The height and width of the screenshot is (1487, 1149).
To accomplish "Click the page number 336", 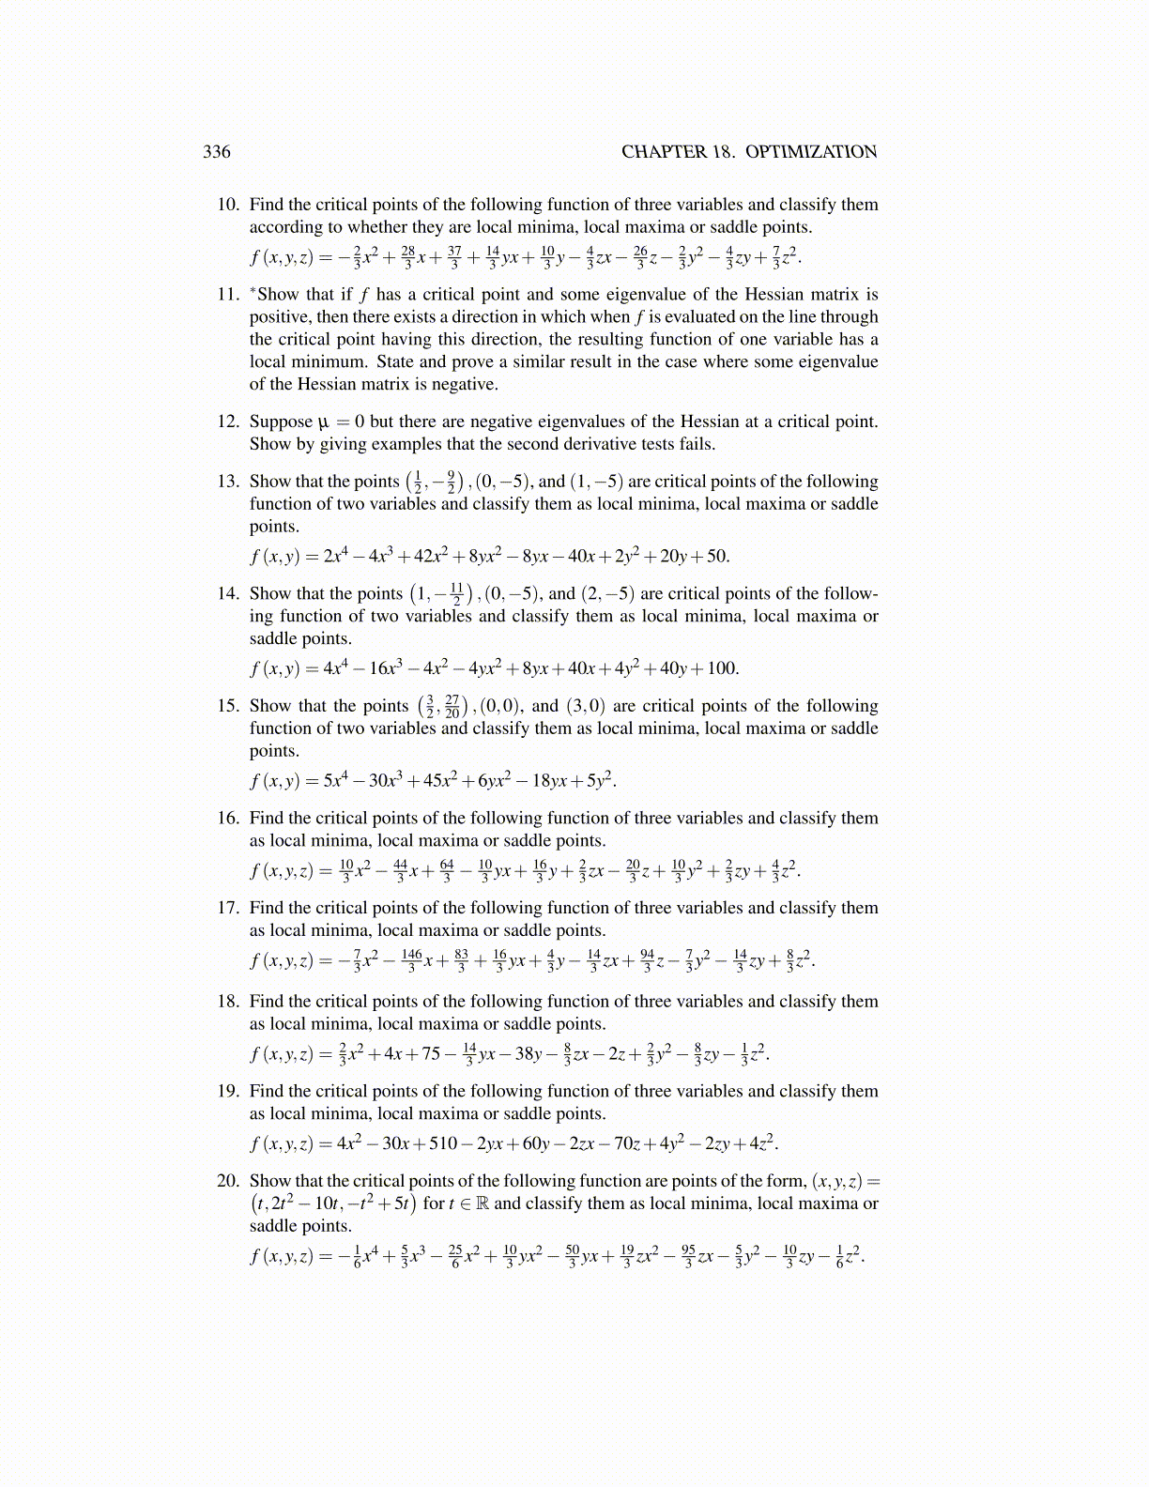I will [217, 152].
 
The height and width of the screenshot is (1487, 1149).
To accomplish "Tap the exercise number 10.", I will [228, 205].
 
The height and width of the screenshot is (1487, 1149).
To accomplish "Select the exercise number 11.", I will [228, 295].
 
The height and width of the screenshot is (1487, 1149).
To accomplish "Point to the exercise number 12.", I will [228, 422].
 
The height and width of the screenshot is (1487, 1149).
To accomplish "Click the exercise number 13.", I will [228, 482].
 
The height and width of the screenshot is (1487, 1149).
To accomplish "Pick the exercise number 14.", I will [228, 593].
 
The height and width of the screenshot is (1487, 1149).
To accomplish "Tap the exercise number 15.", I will [228, 706].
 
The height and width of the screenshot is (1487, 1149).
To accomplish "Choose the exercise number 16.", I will [228, 819].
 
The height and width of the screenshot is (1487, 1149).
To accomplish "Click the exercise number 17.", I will [228, 908].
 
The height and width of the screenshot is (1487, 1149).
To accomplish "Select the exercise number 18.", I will [228, 1002].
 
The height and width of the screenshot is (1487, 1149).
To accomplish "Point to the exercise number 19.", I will [228, 1091].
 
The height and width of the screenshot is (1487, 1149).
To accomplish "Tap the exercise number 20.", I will [228, 1181].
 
